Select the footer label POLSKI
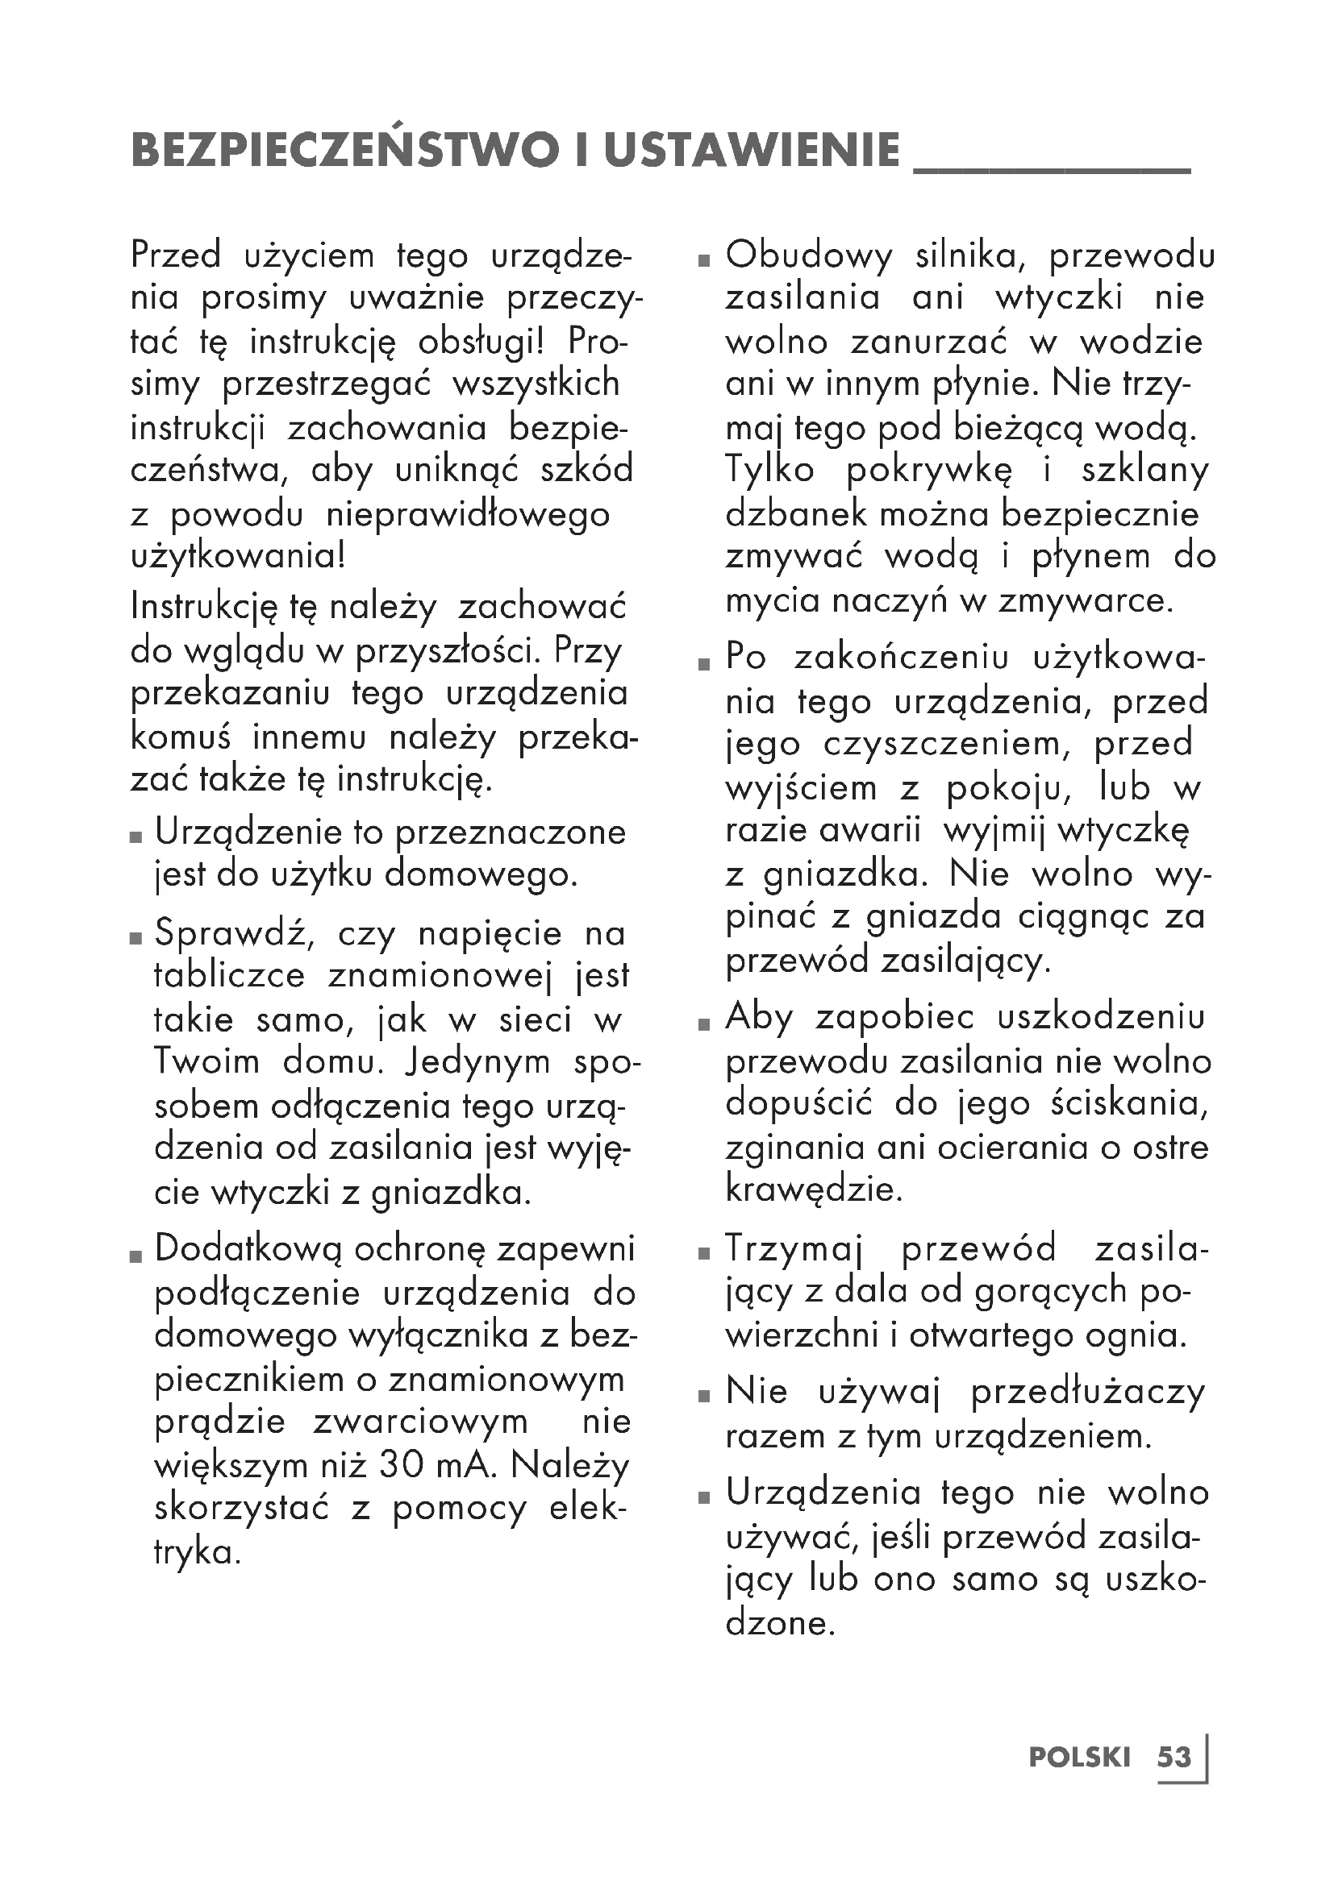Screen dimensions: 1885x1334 click(1079, 1757)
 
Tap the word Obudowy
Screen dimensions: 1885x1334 click(808, 255)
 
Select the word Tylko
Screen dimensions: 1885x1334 click(769, 470)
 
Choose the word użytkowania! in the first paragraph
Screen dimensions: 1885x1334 click(238, 557)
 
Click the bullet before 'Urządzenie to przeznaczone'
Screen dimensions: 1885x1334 click(136, 837)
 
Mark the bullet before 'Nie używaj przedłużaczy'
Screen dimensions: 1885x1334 click(703, 1396)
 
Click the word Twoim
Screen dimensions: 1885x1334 click(206, 1061)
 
